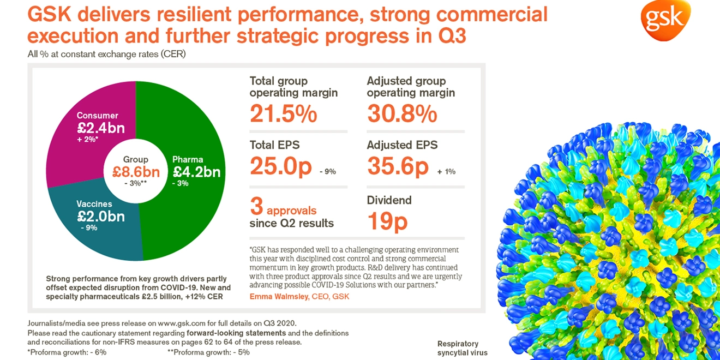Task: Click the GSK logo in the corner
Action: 665,20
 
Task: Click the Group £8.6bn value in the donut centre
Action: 136,172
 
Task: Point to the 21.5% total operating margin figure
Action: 283,113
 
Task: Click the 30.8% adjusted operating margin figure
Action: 402,113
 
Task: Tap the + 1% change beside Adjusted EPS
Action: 446,171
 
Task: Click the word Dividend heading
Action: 389,200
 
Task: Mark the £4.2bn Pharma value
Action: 196,172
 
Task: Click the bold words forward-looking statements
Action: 236,333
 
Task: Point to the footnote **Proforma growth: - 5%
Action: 209,352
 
